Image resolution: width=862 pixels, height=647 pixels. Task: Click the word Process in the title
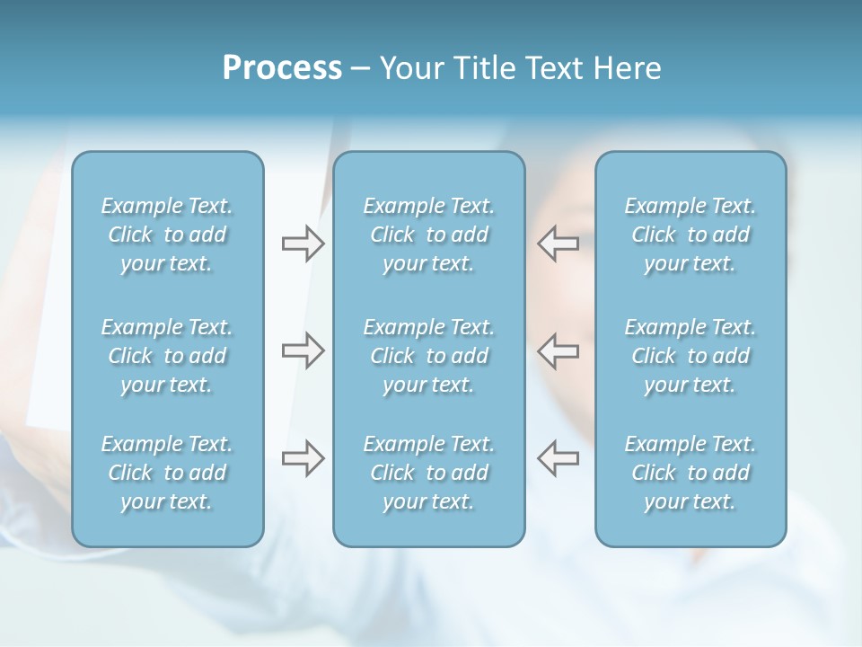[282, 68]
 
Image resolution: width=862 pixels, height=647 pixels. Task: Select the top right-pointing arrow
[303, 244]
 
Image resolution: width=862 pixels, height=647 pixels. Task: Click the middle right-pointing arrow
[303, 350]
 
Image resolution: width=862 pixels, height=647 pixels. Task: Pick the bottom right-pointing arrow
[303, 458]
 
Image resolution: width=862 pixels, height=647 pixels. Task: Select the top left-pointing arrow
[559, 244]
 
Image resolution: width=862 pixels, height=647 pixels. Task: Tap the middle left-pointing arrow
[559, 350]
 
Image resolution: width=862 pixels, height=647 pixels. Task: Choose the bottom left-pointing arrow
[559, 458]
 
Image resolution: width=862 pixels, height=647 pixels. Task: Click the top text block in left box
[167, 235]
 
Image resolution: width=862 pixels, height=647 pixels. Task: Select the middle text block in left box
[167, 356]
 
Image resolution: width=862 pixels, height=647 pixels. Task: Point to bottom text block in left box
[167, 473]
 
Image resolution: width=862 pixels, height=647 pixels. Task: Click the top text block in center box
[429, 235]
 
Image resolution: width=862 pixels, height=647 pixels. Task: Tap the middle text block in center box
[429, 356]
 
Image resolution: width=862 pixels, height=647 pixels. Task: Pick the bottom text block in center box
[429, 473]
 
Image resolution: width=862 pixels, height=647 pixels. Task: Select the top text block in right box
[690, 235]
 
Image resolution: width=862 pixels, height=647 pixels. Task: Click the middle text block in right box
[690, 356]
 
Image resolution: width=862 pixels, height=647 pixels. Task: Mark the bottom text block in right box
[690, 473]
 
